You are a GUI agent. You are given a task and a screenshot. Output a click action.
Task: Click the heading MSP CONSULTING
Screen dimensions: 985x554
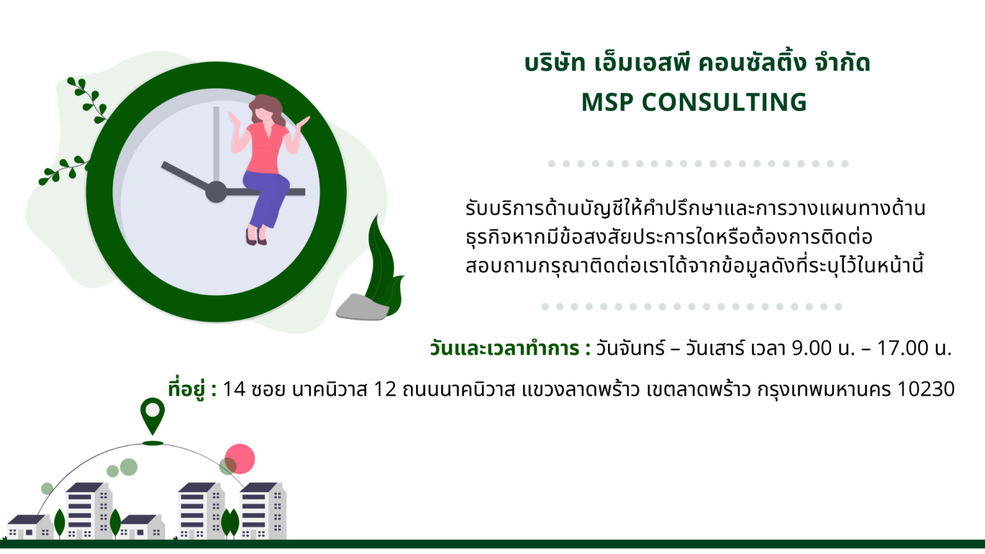[694, 103]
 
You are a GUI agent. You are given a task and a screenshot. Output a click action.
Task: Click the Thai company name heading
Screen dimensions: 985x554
[698, 63]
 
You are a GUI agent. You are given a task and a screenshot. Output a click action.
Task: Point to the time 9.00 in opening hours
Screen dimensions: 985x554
[812, 348]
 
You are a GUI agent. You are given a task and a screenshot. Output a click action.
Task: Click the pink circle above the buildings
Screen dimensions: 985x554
[240, 458]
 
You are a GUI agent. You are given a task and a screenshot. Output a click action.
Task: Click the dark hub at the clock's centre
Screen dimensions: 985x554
[216, 192]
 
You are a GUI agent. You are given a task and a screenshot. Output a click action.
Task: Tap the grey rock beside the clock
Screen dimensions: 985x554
[362, 307]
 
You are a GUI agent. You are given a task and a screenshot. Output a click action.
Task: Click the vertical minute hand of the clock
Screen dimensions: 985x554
[216, 144]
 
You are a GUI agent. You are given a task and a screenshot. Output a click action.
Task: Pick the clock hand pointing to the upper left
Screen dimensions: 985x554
[185, 176]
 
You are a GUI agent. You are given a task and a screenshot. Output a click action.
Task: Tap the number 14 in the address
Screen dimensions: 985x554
[234, 389]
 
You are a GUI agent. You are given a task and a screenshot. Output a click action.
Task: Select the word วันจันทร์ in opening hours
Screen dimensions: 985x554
[630, 348]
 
